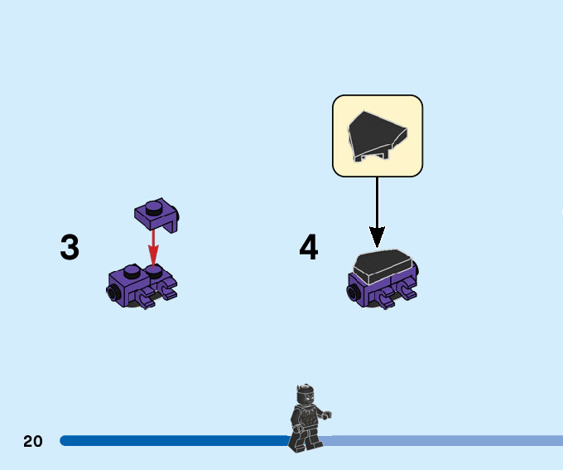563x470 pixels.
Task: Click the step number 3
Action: [70, 247]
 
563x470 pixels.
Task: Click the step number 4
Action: [308, 247]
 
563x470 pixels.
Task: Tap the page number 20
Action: [33, 441]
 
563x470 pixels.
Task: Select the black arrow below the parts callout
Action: [377, 211]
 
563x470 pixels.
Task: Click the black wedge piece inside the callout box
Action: [377, 135]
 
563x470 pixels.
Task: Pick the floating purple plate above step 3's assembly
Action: [157, 214]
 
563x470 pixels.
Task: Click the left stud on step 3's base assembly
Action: [130, 271]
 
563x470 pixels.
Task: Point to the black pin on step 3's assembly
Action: [110, 291]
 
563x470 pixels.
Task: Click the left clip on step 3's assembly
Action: [146, 297]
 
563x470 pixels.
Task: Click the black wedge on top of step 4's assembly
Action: [382, 264]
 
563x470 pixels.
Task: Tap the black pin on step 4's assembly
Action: [353, 292]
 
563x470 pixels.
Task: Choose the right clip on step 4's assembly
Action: [407, 289]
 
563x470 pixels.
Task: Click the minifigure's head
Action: [304, 393]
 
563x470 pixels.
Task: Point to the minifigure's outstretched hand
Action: [328, 414]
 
